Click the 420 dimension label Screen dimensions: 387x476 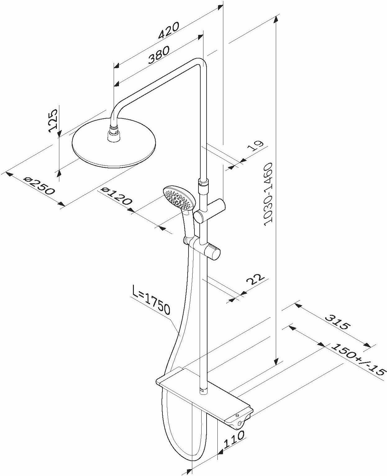(169, 30)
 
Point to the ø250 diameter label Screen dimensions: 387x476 (40, 186)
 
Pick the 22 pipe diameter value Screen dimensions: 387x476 (255, 279)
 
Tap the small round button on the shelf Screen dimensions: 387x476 (237, 415)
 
